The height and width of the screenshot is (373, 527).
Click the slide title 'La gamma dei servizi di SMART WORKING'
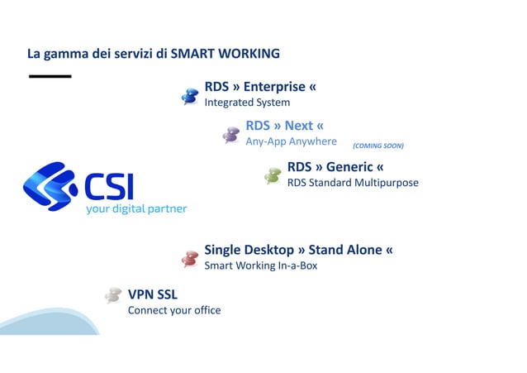click(x=154, y=55)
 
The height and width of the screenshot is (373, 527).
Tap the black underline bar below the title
click(x=50, y=76)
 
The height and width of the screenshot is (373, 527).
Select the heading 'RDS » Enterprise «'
click(x=259, y=86)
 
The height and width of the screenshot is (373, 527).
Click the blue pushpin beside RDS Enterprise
click(x=190, y=97)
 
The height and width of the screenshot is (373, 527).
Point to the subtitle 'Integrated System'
click(x=247, y=103)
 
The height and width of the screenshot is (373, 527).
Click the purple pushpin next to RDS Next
click(x=231, y=135)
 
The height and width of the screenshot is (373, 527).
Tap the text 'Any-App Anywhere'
click(x=291, y=141)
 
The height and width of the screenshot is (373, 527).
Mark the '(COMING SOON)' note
click(x=377, y=146)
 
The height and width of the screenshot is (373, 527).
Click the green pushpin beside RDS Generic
click(x=273, y=175)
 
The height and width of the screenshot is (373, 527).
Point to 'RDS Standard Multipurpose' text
click(x=353, y=183)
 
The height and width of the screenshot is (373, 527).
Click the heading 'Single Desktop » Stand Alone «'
click(x=298, y=250)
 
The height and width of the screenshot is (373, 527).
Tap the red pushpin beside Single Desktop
click(x=190, y=259)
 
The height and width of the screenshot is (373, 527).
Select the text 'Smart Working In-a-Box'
click(x=260, y=266)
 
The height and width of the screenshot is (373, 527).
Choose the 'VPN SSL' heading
click(x=152, y=294)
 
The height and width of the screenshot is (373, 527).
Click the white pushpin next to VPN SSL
click(x=113, y=295)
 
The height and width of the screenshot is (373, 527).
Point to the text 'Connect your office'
click(x=173, y=310)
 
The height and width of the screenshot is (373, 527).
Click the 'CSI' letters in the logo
click(x=108, y=186)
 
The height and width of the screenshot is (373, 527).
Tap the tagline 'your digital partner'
click(x=136, y=209)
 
